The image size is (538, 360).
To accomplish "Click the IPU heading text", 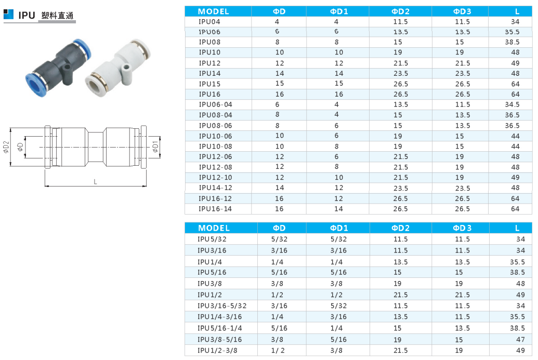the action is tap(27, 16).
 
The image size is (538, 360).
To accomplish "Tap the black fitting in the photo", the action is tap(58, 68).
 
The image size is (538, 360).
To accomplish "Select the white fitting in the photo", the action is tap(117, 68).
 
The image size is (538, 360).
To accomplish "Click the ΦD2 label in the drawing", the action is tap(6, 146).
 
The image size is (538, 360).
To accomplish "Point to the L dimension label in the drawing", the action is tap(96, 182).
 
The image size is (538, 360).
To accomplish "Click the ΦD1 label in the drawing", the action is tap(155, 146).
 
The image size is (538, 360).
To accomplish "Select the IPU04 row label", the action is tap(209, 22).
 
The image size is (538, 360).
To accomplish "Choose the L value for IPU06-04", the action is tap(512, 104).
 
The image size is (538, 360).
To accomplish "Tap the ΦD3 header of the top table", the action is tap(462, 11).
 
